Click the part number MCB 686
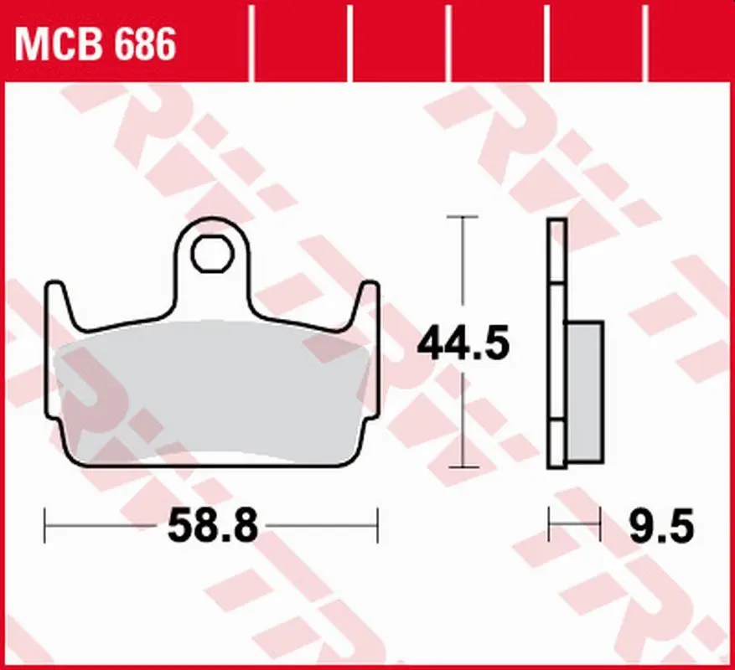pyautogui.click(x=96, y=44)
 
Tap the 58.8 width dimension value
pyautogui.click(x=213, y=526)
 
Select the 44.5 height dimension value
pyautogui.click(x=463, y=344)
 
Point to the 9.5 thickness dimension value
pyautogui.click(x=661, y=526)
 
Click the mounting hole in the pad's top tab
pyautogui.click(x=212, y=254)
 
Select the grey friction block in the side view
pyautogui.click(x=585, y=393)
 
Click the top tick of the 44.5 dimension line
pyautogui.click(x=463, y=217)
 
